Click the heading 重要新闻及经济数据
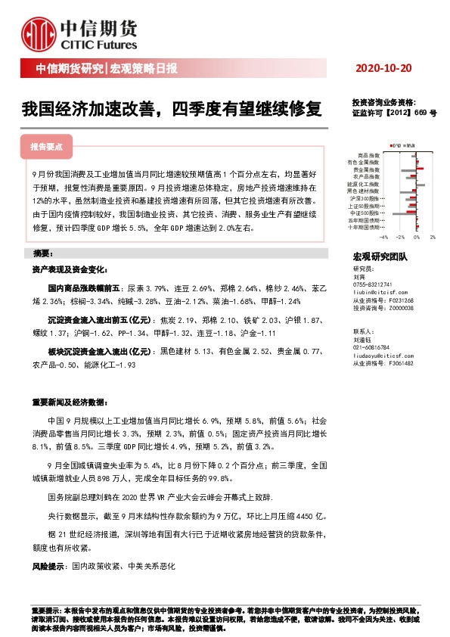pyautogui.click(x=72, y=402)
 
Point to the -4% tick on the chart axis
pyautogui.click(x=384, y=237)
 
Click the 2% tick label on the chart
pyautogui.click(x=433, y=237)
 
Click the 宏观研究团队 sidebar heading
pyautogui.click(x=380, y=257)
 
